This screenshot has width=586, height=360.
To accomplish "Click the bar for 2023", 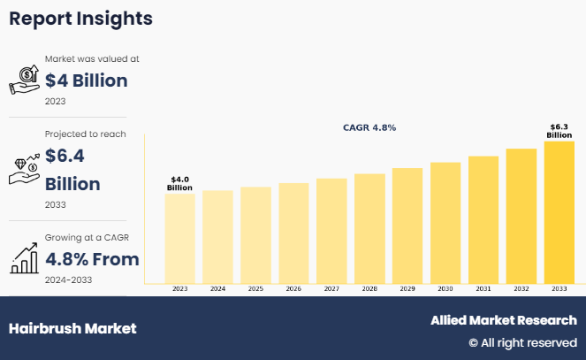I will [x=179, y=237].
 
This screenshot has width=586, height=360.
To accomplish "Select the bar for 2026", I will [x=293, y=232].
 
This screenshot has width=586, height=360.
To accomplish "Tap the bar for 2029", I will [x=407, y=225].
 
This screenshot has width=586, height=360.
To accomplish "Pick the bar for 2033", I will [x=559, y=211].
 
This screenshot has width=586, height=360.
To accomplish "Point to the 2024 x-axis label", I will [x=217, y=289].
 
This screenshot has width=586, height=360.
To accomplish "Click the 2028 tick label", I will [x=369, y=289].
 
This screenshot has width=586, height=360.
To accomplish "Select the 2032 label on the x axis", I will [x=521, y=289].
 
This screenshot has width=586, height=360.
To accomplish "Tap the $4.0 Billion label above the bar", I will [x=179, y=184].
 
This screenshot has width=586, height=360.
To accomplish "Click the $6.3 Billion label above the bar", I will [x=559, y=131].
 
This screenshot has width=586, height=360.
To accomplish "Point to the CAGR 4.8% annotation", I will [x=369, y=127].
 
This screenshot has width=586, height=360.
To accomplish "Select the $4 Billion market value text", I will [x=87, y=80].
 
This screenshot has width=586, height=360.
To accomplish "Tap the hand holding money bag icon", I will [x=24, y=79].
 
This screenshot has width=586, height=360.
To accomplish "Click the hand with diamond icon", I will [x=24, y=168].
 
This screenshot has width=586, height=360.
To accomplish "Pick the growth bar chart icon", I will [x=24, y=258].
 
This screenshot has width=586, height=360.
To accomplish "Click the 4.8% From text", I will [x=92, y=260].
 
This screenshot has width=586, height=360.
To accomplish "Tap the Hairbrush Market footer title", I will [x=72, y=328].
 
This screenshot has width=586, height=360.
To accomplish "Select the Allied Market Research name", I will [x=504, y=320].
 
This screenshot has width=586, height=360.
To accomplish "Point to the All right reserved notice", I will [x=522, y=342].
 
